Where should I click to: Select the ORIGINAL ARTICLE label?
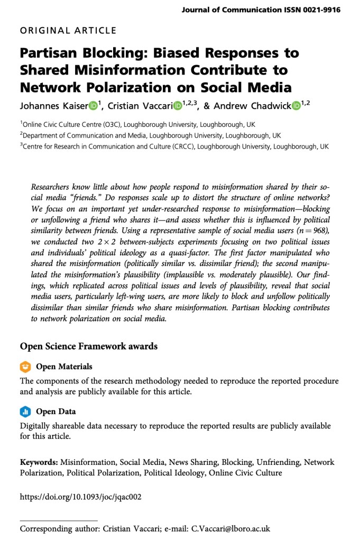pos(68,31)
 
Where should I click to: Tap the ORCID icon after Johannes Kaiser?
pos(93,106)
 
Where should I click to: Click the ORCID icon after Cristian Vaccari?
pos(178,106)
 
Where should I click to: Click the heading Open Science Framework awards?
pos(89,347)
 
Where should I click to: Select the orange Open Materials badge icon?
pos(25,366)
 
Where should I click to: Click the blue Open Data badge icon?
pos(25,411)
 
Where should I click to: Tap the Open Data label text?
pos(56,412)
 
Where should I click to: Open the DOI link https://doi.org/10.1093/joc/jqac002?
pos(81,497)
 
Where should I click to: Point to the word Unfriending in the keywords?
pos(276,462)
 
